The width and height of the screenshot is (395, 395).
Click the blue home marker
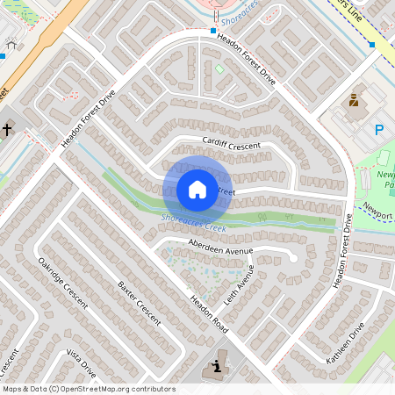pyautogui.click(x=197, y=190)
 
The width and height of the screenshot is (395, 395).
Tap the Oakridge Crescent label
pyautogui.click(x=62, y=281)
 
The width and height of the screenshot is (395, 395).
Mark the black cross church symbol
pyautogui.click(x=6, y=129)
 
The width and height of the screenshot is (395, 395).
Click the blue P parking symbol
pyautogui.click(x=379, y=130)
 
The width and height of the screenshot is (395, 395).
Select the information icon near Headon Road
pyautogui.click(x=213, y=368)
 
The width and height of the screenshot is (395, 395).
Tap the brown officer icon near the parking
pyautogui.click(x=355, y=100)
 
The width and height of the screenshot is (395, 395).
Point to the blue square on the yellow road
pyautogui.click(x=371, y=43)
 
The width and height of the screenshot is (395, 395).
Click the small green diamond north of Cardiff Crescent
pyautogui.click(x=219, y=69)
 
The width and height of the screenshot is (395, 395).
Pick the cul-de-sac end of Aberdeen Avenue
pyautogui.click(x=292, y=257)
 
